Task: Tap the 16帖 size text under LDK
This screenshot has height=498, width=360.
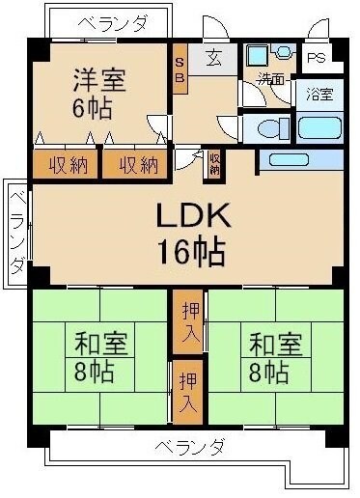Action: coord(192,253)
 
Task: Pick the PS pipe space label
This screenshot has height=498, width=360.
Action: coord(315,57)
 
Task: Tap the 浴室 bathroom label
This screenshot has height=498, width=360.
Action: coord(318,95)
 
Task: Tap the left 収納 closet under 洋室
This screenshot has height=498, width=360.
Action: coord(65,165)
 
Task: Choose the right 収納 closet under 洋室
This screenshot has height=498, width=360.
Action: coord(137,165)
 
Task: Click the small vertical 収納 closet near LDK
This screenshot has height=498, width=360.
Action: coord(213,164)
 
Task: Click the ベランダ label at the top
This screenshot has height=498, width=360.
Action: coord(112,21)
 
